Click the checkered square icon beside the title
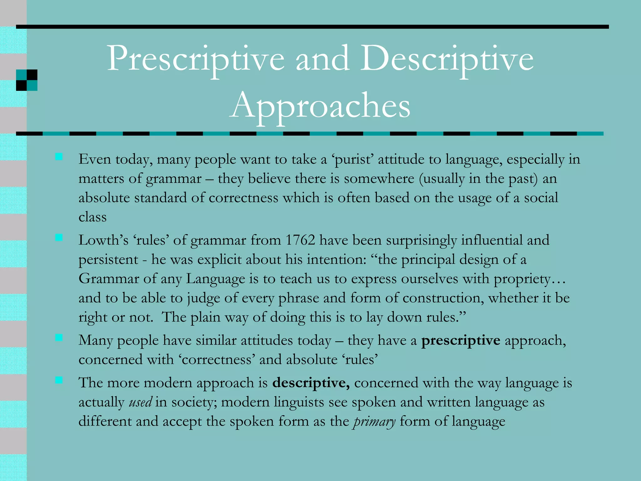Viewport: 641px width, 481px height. [27, 80]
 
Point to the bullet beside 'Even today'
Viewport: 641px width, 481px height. [59, 157]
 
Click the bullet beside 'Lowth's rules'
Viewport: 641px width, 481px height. [59, 238]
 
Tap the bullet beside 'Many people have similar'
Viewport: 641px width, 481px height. [59, 338]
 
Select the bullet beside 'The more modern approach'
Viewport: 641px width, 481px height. [59, 380]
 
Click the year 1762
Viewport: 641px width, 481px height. [300, 240]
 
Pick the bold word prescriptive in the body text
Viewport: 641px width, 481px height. [460, 340]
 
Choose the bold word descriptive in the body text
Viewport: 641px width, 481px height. [311, 383]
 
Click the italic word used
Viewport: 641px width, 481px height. [141, 402]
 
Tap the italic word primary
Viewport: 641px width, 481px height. [374, 422]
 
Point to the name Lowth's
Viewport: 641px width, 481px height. [103, 240]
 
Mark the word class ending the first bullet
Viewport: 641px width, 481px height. [92, 217]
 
